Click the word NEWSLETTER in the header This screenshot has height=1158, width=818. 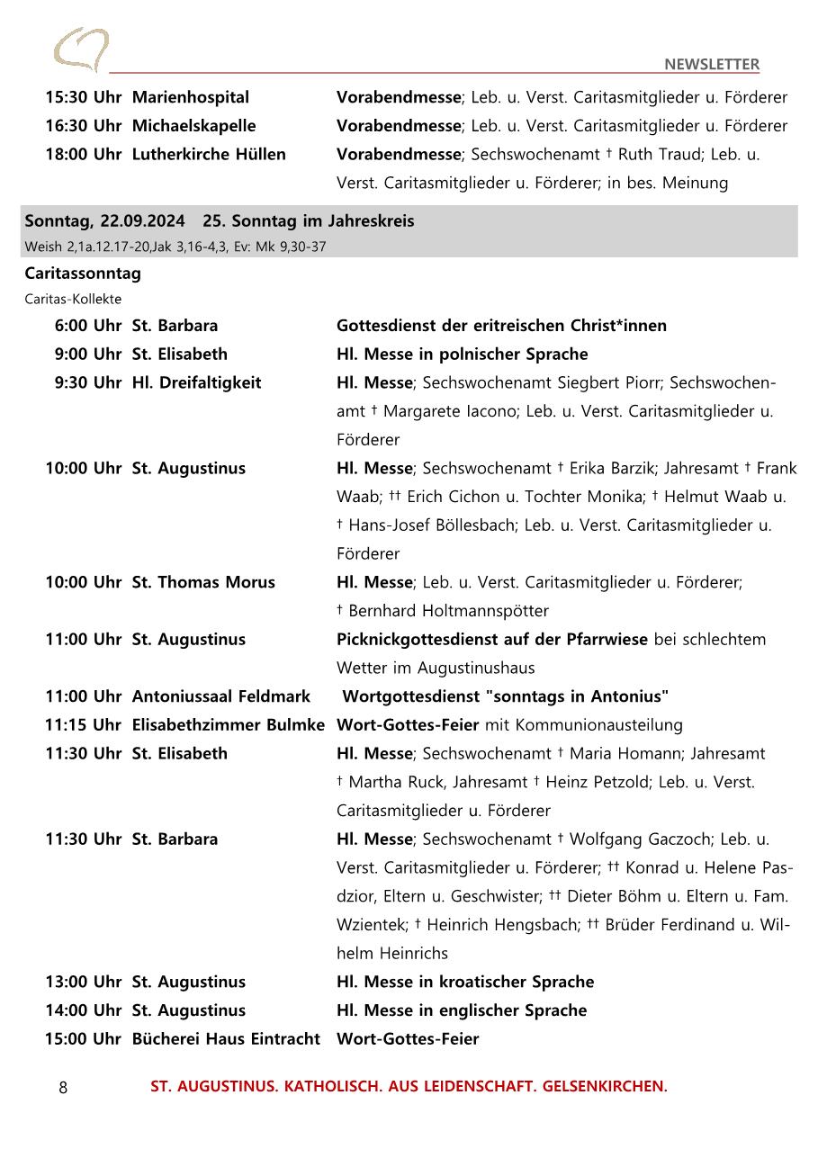[711, 64]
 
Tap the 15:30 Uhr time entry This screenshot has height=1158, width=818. [83, 97]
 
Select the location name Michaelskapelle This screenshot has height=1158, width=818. [193, 126]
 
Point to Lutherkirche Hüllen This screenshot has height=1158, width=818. [209, 155]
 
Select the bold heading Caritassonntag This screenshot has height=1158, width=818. [83, 274]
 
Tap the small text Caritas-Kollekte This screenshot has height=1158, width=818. [73, 299]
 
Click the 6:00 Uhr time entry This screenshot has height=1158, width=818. [87, 326]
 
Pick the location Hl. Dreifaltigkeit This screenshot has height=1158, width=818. [196, 383]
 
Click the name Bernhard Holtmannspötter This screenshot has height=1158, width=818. [448, 611]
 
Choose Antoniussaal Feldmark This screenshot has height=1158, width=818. [220, 696]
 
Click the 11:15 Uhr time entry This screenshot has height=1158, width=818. [83, 725]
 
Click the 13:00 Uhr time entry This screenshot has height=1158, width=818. [83, 982]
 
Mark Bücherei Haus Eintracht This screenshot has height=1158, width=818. [226, 1039]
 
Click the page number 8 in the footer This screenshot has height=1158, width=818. [63, 1088]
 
